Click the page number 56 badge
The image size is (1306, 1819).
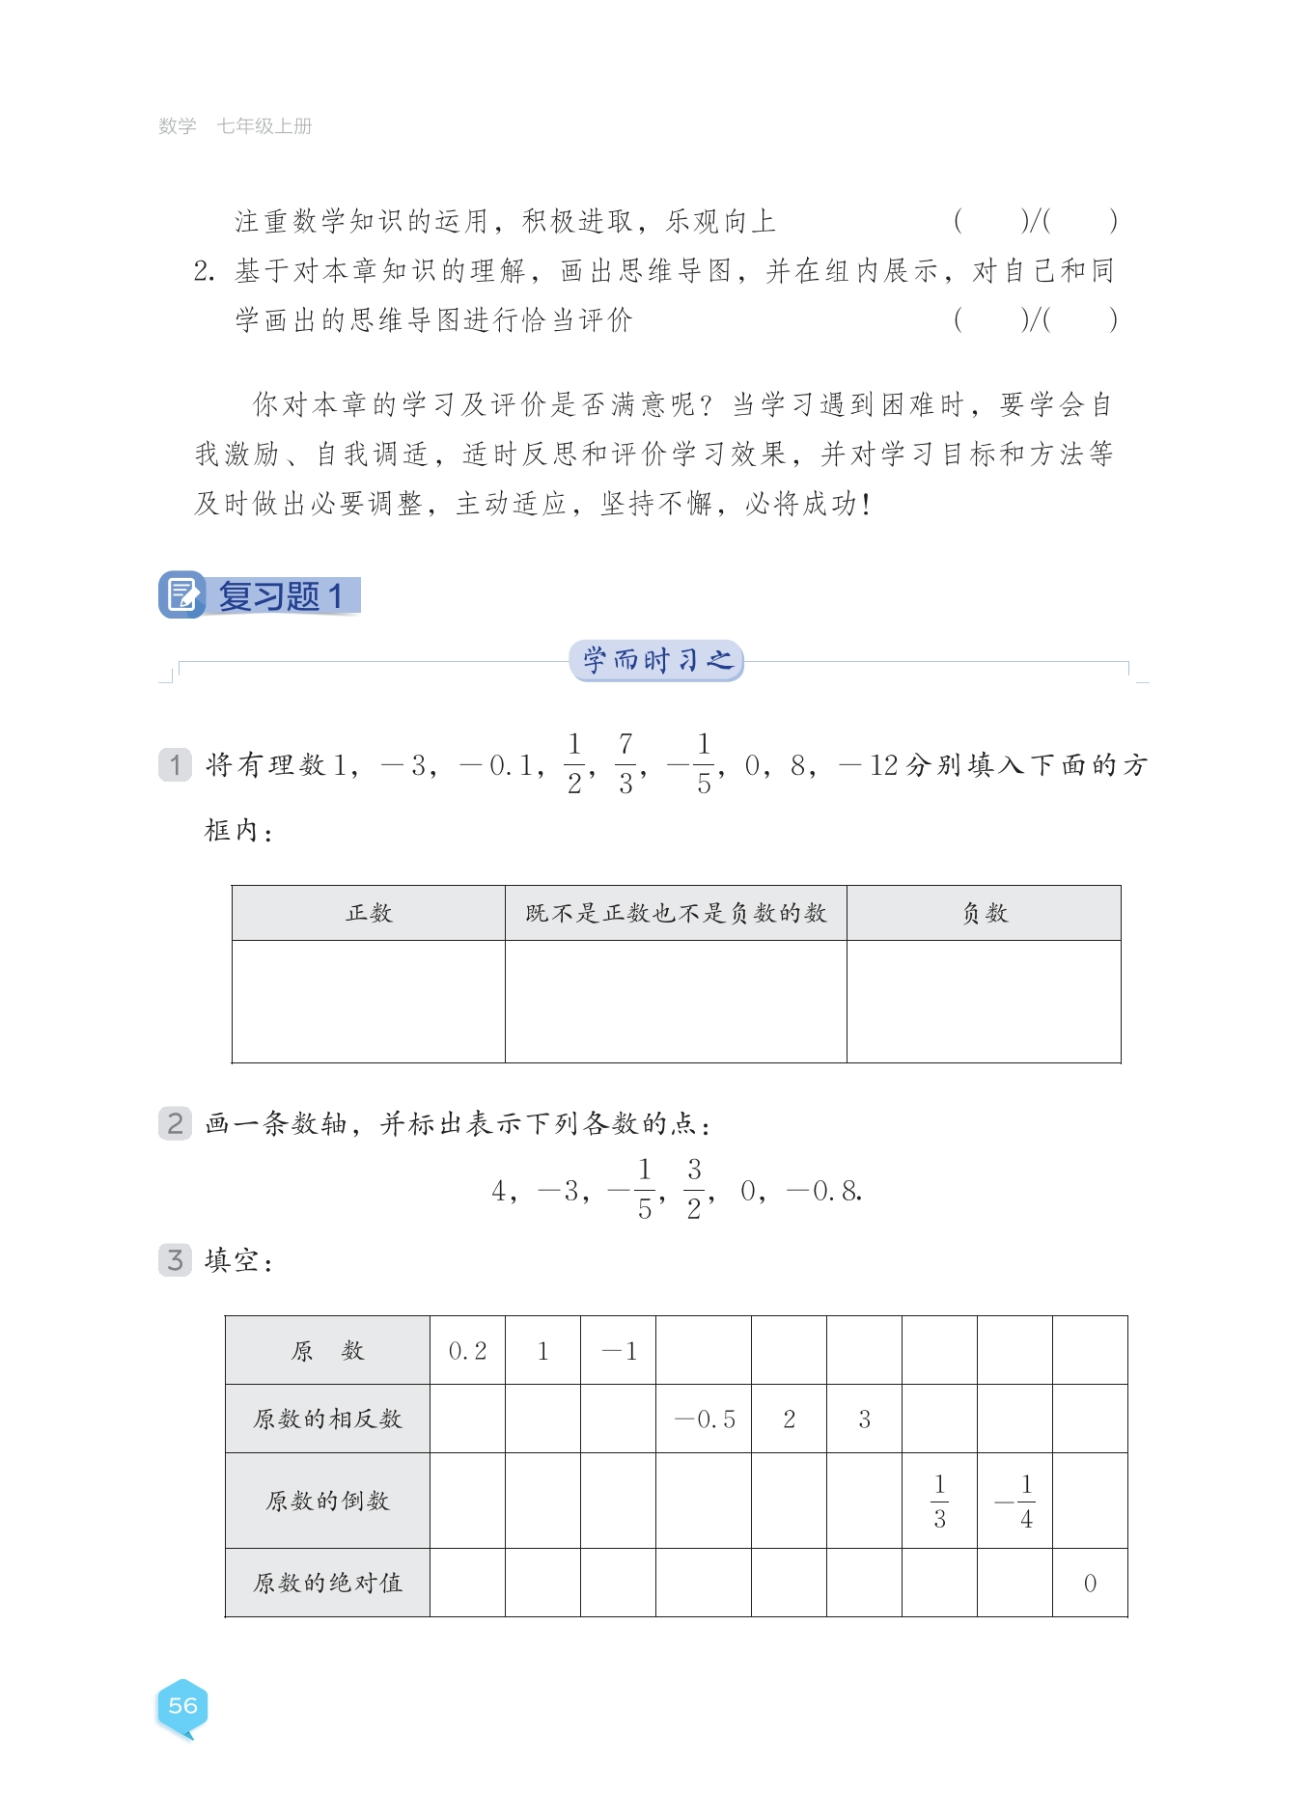(x=182, y=1706)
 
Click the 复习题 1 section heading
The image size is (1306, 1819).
(x=279, y=595)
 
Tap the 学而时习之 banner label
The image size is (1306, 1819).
(x=656, y=660)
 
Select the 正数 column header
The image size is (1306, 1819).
(x=369, y=913)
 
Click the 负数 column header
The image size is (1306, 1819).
(x=984, y=913)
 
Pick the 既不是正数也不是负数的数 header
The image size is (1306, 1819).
(x=676, y=913)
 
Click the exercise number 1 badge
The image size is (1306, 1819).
(x=175, y=765)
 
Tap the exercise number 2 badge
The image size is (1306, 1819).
(x=175, y=1123)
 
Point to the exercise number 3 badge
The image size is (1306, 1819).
(x=175, y=1259)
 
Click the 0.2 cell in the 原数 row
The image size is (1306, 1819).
(x=467, y=1351)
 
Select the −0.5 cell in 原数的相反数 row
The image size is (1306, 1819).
(x=705, y=1419)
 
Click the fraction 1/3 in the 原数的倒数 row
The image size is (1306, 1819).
(x=939, y=1501)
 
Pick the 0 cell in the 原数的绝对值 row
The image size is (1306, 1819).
(x=1090, y=1584)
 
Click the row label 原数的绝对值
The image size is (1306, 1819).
(x=327, y=1584)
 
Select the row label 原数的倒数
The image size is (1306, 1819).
(x=327, y=1501)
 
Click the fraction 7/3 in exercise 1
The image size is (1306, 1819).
(x=625, y=763)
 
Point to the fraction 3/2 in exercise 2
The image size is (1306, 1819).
(x=694, y=1189)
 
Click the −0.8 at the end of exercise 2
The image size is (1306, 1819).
(x=823, y=1192)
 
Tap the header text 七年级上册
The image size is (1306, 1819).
(x=264, y=126)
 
